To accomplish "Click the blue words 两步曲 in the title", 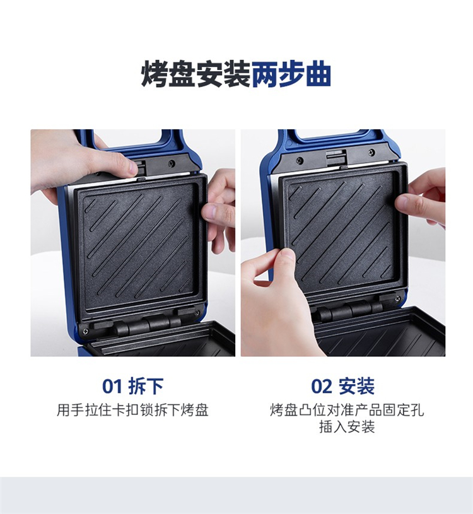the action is click(291, 74).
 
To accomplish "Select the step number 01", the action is click(112, 386).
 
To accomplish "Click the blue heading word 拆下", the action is click(146, 386).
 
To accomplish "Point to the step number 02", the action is click(321, 386).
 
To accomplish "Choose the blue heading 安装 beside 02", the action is click(356, 386).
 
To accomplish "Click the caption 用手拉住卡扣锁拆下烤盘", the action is click(132, 410).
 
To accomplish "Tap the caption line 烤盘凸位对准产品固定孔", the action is click(347, 410).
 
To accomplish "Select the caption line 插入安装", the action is click(347, 427).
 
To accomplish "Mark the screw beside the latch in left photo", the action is click(172, 163).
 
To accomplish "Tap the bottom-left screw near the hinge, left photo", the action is click(85, 330).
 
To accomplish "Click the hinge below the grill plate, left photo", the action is click(148, 325).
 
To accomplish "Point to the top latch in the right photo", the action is click(336, 158).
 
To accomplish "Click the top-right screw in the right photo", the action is click(371, 152).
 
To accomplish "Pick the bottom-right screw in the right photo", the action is click(397, 299).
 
